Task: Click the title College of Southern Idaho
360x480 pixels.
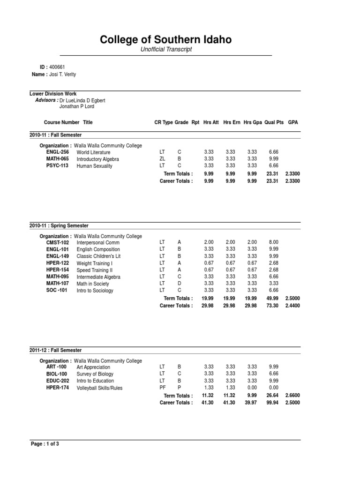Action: (166, 40)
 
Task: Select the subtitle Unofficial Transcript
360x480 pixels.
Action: (166, 50)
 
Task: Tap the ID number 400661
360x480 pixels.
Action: (57, 67)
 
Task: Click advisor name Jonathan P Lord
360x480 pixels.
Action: (76, 106)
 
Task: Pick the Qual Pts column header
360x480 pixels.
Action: (274, 122)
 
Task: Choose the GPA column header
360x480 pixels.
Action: (293, 122)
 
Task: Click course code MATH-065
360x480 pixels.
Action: (57, 159)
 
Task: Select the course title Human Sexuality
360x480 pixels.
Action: (94, 166)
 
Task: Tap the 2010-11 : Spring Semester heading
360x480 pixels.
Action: (59, 225)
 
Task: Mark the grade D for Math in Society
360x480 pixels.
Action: (179, 284)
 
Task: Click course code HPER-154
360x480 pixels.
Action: (57, 270)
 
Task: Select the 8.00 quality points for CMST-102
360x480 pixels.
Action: (274, 242)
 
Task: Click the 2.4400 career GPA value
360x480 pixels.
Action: (292, 306)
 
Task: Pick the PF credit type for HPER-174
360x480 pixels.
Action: (162, 388)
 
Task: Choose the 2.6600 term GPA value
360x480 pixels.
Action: (292, 395)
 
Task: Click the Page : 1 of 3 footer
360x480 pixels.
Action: (45, 443)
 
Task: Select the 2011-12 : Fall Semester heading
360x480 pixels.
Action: (55, 350)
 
